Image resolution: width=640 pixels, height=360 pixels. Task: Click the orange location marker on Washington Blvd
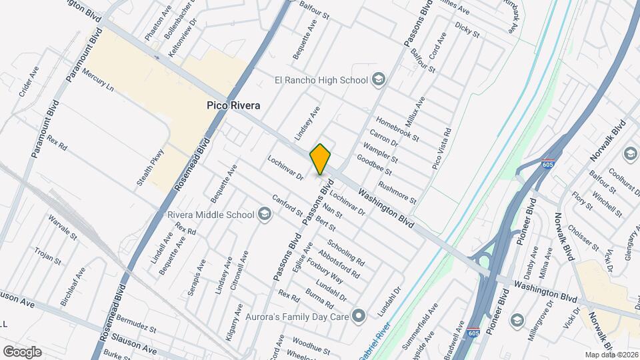click(x=321, y=159)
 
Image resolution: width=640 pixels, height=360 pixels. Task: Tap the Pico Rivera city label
click(x=232, y=106)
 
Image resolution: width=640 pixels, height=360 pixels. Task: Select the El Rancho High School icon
click(x=379, y=80)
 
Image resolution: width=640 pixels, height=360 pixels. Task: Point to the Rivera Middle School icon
click(x=265, y=215)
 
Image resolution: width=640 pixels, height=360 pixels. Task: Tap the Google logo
click(x=21, y=351)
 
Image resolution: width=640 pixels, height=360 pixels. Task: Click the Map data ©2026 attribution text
click(x=611, y=354)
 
